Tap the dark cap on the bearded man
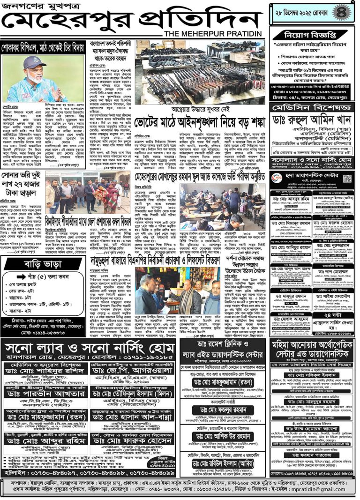click(34, 61)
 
